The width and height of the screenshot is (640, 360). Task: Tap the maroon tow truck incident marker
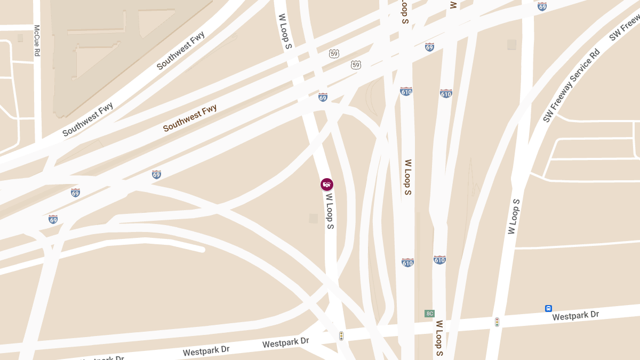coord(327,185)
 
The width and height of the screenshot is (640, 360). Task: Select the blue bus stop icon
coord(548,308)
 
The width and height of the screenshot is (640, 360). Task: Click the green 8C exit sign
coord(429,314)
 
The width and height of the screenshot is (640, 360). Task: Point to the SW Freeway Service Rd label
coord(572,85)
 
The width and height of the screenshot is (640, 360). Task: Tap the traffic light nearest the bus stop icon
coord(497,322)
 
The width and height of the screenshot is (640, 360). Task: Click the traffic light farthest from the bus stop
coord(341,336)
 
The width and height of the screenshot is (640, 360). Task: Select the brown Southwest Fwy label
coord(190,118)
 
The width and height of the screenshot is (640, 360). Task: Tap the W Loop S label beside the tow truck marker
coord(330,211)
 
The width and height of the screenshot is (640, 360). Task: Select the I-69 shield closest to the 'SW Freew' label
coord(542,6)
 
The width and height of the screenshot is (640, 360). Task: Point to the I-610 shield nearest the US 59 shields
coord(406,92)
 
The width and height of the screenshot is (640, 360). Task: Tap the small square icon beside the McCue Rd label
coord(20,38)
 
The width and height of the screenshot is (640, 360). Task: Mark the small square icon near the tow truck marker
coord(314,218)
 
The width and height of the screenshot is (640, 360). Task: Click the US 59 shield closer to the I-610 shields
coord(356,65)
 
